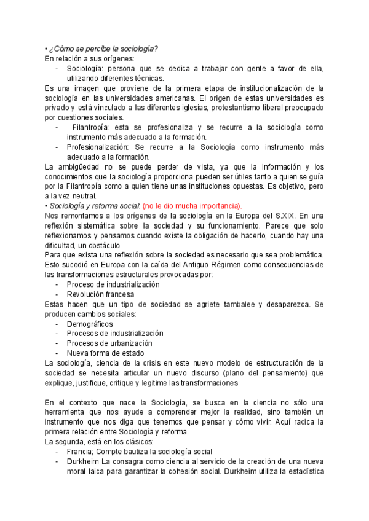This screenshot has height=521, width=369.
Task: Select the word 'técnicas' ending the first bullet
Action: point(146,78)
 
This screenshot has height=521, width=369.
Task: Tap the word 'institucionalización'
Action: point(264,88)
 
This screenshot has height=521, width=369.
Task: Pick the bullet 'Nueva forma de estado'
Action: point(105,353)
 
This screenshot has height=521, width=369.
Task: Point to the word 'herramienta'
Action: point(66,412)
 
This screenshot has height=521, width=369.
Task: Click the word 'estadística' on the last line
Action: point(301,471)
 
